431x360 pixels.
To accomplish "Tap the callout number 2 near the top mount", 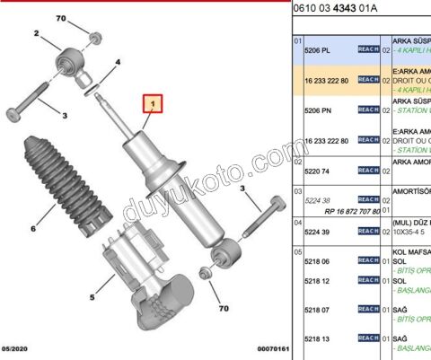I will [37, 34].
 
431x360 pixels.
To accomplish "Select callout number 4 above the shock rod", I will [118, 63].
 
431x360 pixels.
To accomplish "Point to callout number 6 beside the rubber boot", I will [33, 228].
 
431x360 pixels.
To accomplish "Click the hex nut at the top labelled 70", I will [95, 39].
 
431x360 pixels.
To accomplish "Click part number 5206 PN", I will [320, 110].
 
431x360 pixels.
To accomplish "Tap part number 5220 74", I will [320, 170].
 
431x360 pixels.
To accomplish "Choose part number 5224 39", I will [320, 231].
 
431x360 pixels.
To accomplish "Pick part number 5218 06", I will [320, 261].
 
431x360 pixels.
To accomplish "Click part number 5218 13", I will [320, 338].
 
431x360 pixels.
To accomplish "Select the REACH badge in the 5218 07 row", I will [366, 310].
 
